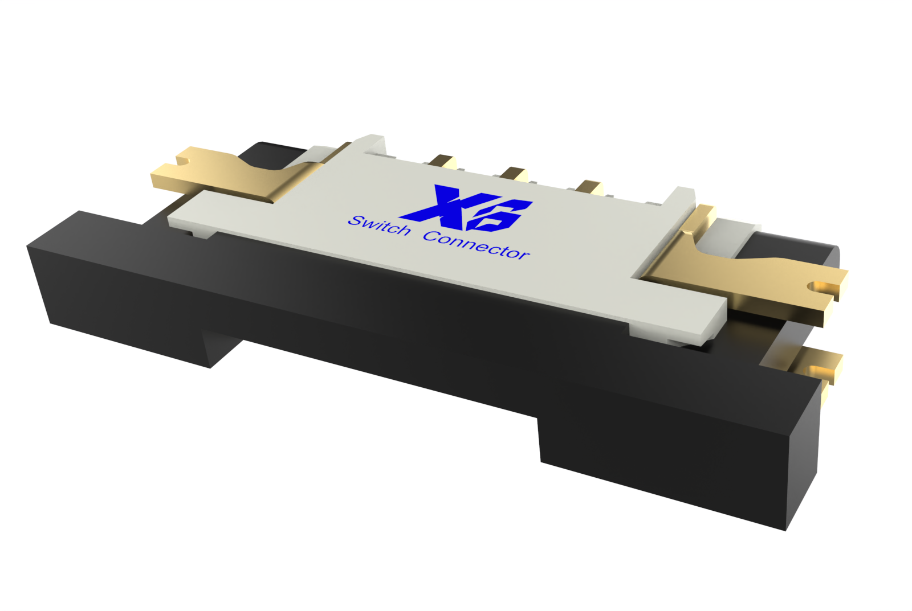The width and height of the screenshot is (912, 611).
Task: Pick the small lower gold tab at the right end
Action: pyautogui.click(x=821, y=364)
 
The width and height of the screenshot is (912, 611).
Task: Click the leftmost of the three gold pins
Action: pyautogui.click(x=442, y=161)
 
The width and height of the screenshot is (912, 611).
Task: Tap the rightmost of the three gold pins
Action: pyautogui.click(x=588, y=187)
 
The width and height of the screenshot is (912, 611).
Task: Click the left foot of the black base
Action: pyautogui.click(x=131, y=319)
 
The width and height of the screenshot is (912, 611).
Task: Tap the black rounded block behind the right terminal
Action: pyautogui.click(x=798, y=251)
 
